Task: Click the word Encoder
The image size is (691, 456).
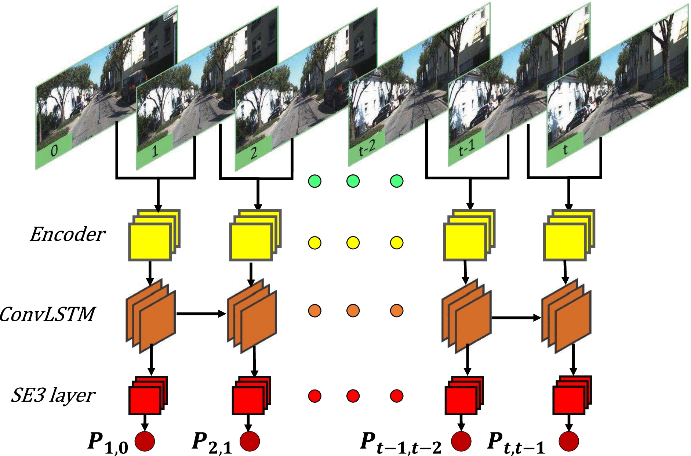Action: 68,234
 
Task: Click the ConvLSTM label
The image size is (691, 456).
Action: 47,314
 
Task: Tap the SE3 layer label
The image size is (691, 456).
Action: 53,395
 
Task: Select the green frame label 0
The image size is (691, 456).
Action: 54,150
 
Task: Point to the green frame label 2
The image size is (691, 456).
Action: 253,152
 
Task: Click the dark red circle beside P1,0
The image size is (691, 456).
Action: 145,441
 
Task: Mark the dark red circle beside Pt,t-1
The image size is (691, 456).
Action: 569,441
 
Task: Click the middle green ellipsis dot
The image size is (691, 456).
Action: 353,181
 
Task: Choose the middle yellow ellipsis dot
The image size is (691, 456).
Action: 353,243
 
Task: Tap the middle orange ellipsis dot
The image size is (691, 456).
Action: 353,311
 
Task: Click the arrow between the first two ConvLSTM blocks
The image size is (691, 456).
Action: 201,314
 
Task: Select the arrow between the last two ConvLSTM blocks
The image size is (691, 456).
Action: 516,318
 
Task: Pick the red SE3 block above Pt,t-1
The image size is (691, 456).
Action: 569,398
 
